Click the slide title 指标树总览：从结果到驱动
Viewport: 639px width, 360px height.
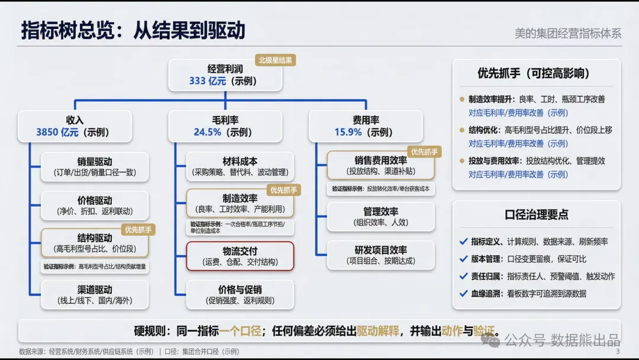click(133, 31)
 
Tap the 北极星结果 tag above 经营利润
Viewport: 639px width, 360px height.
click(275, 60)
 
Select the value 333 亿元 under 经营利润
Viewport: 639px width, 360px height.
click(208, 81)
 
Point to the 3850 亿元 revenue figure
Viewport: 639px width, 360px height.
click(57, 132)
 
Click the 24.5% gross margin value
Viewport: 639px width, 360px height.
click(207, 132)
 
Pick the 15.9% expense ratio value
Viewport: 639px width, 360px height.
click(348, 132)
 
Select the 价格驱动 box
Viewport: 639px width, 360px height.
click(95, 205)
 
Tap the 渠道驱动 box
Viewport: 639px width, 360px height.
click(95, 295)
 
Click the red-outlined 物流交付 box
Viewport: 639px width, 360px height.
click(240, 256)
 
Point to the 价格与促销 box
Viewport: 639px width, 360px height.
click(240, 295)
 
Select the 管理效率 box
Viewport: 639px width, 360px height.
click(380, 217)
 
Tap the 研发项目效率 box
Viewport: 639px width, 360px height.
click(380, 255)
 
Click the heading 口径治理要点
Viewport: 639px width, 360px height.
click(536, 215)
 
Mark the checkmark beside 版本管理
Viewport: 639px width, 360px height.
click(463, 259)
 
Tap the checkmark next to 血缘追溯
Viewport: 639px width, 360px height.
click(463, 293)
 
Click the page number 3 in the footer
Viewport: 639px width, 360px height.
click(618, 351)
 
